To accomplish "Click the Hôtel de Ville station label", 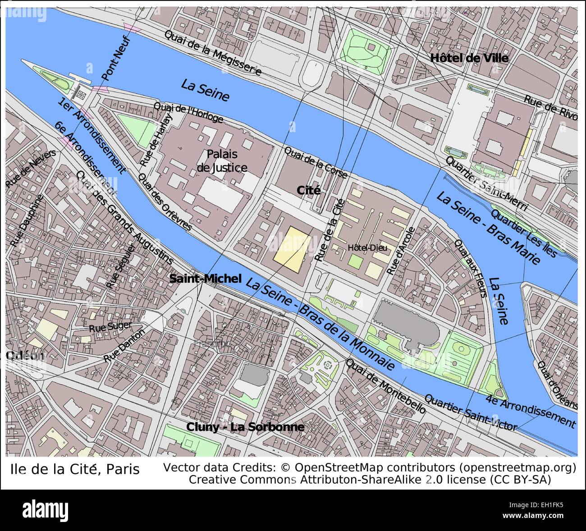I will [x=469, y=58].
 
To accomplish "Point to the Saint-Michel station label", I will [x=206, y=279].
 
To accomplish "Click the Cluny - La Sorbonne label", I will [x=245, y=427].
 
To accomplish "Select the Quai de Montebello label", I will [x=385, y=386].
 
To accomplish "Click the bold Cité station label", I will [x=309, y=190].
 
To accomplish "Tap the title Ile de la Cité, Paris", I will [x=75, y=469].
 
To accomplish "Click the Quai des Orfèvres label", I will [x=165, y=203].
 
